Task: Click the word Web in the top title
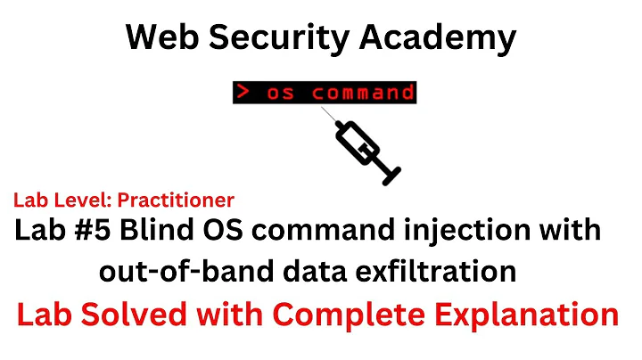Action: (x=156, y=37)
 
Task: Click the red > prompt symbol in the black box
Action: (x=243, y=92)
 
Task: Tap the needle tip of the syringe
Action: (x=325, y=113)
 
